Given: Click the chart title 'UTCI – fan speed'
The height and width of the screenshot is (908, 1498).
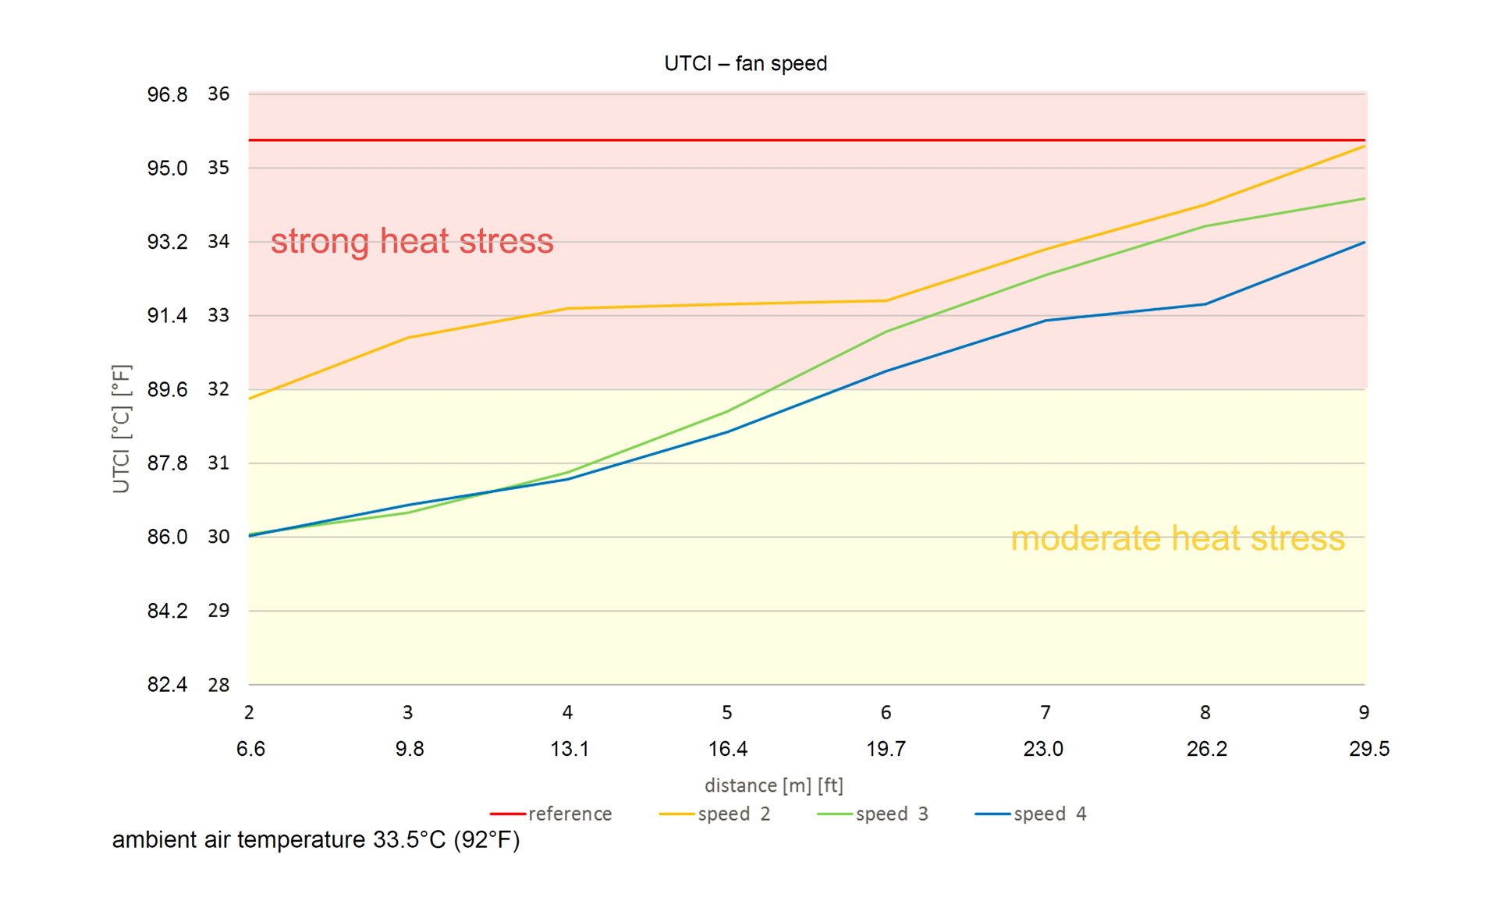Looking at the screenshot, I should point(745,63).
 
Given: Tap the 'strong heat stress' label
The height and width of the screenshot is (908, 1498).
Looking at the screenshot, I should point(412,241).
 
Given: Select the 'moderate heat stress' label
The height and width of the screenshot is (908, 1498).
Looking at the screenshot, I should point(1177,538).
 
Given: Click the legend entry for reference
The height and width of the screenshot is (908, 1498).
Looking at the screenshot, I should point(552,814).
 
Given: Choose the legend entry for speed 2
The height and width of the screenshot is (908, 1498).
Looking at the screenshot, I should point(715,814).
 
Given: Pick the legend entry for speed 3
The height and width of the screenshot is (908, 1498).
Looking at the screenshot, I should point(873,814).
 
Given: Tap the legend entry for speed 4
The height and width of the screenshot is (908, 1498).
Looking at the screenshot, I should point(1031,814).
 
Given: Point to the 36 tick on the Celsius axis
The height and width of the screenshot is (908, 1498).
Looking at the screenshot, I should point(218,94).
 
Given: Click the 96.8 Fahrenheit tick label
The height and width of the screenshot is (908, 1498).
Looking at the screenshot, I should point(167,94).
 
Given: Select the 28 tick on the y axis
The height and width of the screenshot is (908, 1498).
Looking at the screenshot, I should point(218,685).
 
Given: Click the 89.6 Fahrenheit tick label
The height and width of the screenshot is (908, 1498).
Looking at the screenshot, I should point(167,389).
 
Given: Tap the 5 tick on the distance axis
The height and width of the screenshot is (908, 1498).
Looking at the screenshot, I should point(726,712).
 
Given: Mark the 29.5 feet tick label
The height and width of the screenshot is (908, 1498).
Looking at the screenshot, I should point(1369,749).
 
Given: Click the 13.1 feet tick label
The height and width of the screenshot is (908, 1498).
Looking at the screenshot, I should point(569,749).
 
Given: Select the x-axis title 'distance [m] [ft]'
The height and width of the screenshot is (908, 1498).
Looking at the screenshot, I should point(773,785).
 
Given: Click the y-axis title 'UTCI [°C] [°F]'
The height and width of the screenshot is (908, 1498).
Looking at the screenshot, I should point(121,429).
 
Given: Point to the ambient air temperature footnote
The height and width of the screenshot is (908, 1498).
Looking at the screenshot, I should point(316,840).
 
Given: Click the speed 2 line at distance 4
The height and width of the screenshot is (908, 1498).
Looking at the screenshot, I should point(567,308).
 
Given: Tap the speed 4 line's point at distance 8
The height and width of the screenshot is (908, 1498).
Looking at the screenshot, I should point(1205,304).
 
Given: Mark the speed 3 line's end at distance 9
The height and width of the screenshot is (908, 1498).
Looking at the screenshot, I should point(1364,199).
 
